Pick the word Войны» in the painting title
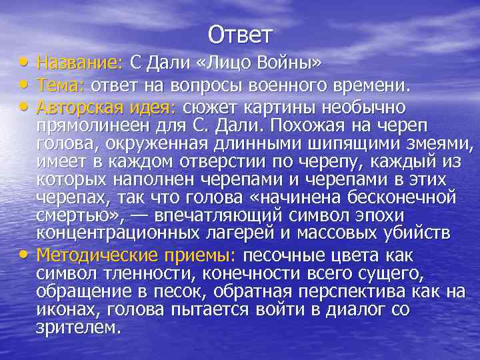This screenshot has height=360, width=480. tap(296, 63)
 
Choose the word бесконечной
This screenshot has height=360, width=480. tap(399, 199)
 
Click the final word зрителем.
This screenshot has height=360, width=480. tap(79, 327)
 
